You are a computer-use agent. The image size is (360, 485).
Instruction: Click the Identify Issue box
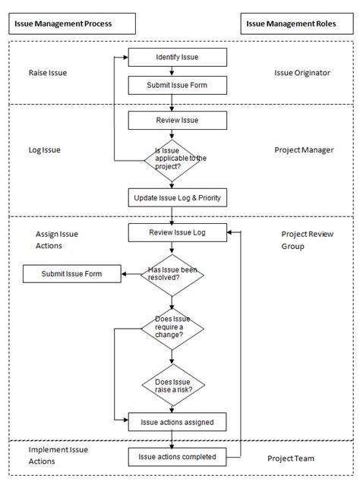coord(178,58)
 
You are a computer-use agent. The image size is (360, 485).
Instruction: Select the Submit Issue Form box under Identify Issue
coord(178,85)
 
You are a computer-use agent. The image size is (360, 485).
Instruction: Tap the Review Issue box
coord(178,119)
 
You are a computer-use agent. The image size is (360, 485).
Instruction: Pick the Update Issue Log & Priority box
coord(178,198)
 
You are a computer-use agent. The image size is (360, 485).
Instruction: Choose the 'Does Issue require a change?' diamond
coord(172,329)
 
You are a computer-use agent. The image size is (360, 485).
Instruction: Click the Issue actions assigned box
coord(178,422)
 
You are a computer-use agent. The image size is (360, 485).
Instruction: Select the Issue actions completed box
coord(178,457)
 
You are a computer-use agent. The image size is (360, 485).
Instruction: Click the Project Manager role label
coord(304,150)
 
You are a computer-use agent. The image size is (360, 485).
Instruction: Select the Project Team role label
coord(291,458)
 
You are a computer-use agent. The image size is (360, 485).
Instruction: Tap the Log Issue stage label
coord(44,150)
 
